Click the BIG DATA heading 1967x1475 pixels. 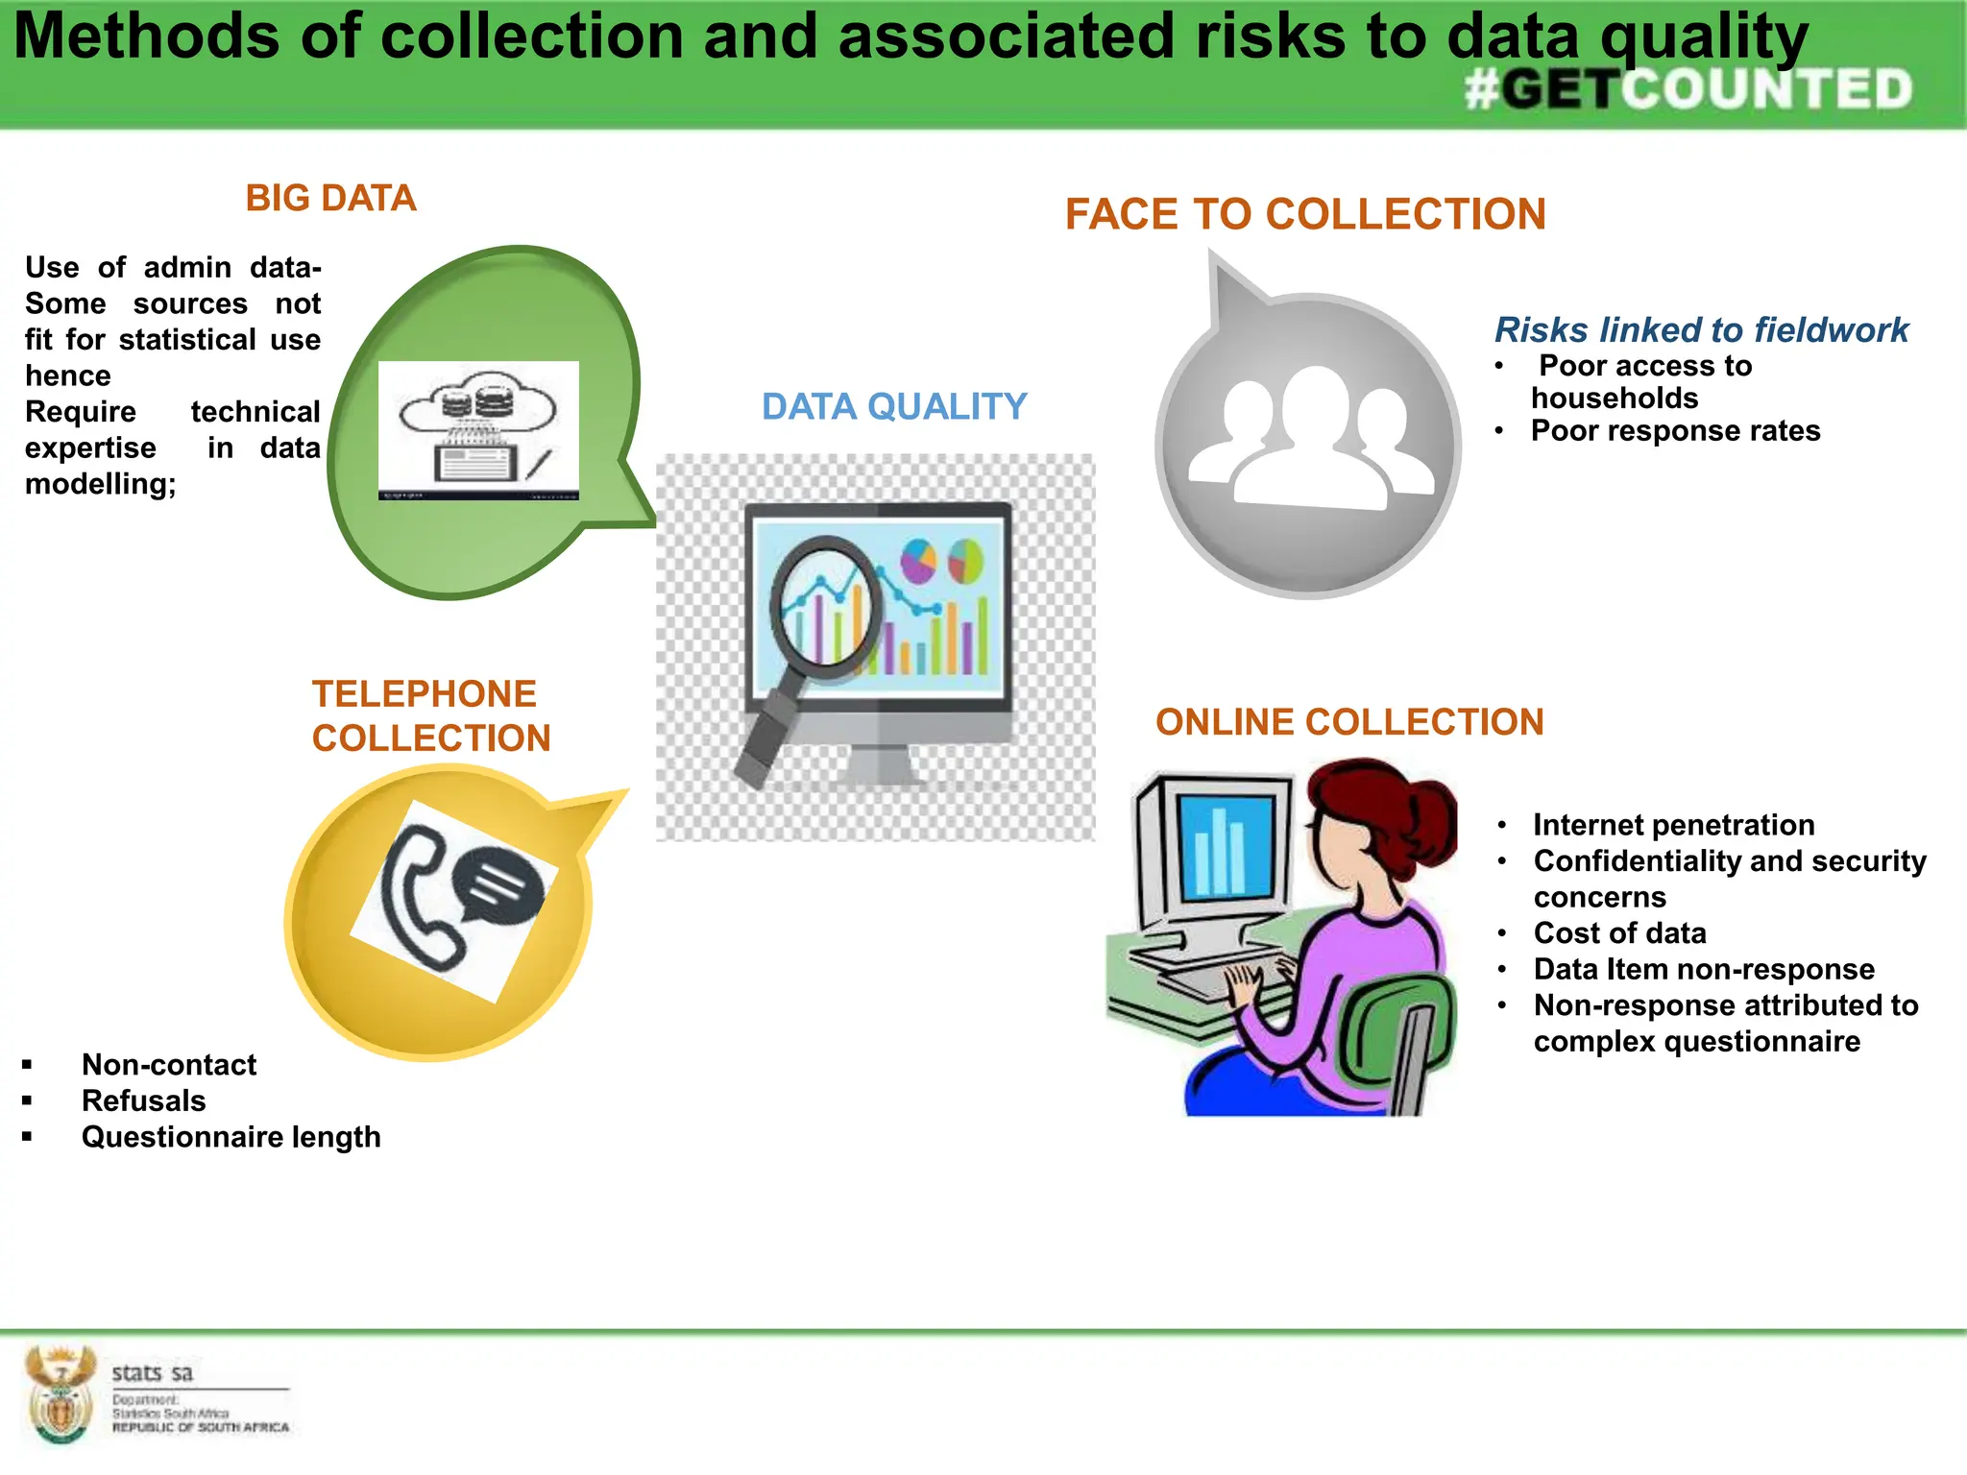(330, 198)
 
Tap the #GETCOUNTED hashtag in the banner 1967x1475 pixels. (1688, 90)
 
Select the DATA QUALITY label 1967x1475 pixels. (894, 406)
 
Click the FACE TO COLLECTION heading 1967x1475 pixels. (1305, 213)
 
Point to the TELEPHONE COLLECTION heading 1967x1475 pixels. (431, 715)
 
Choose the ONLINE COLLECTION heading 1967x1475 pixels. (1349, 722)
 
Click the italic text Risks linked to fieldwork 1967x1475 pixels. (1701, 329)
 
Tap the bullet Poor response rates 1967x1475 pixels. (1674, 430)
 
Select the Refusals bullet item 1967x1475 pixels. (143, 1100)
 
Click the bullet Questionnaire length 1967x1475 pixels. (231, 1137)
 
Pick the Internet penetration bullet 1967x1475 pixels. (1673, 825)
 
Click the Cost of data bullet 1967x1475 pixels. (1619, 932)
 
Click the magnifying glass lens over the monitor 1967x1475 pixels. (824, 604)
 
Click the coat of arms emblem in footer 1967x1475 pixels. (60, 1394)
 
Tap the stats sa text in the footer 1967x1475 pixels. (152, 1373)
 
